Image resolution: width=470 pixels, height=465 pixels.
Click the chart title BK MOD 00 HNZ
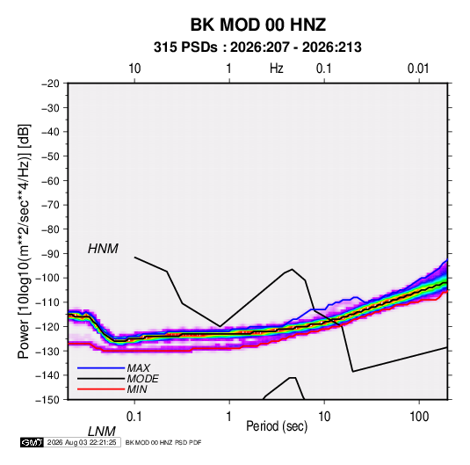tap(258, 25)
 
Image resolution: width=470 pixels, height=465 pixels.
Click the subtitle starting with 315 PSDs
tap(257, 47)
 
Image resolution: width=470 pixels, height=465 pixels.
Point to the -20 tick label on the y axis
tap(50, 84)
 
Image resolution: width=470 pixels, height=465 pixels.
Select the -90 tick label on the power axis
tap(50, 254)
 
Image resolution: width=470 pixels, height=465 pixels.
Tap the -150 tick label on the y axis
tap(47, 400)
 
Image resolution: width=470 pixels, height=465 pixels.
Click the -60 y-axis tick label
tap(50, 180)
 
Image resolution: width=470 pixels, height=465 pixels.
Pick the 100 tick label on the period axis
tap(419, 417)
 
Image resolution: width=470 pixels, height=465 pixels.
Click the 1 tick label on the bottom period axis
tap(229, 417)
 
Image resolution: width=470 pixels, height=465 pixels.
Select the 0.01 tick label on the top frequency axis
tap(418, 69)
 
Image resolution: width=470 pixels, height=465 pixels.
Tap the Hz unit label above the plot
tap(277, 69)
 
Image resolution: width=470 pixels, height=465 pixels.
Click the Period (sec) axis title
tap(277, 426)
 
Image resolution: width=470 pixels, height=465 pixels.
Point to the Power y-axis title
tap(24, 241)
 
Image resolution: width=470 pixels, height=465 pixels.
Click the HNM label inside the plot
tap(103, 249)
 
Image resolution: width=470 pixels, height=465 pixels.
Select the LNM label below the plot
tap(102, 432)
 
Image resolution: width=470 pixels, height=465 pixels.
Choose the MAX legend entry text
tap(139, 368)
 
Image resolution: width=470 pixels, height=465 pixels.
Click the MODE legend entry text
tap(142, 379)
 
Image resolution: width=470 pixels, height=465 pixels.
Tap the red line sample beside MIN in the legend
tap(101, 389)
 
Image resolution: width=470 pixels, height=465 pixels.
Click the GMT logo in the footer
tap(33, 442)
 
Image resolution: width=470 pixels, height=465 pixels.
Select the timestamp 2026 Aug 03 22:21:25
tap(82, 442)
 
